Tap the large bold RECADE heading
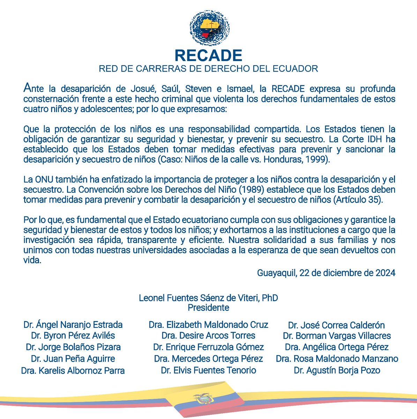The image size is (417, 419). [x=208, y=56]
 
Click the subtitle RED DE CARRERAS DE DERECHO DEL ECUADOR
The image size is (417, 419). [x=208, y=68]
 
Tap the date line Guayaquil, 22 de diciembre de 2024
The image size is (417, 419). [x=326, y=273]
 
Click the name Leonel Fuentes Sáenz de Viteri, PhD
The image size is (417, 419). [x=208, y=298]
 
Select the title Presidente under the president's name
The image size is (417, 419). [x=208, y=308]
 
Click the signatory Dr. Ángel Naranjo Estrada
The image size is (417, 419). [x=73, y=325]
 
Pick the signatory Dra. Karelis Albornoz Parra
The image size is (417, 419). [x=73, y=370]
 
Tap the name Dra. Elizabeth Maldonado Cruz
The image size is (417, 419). [x=208, y=325]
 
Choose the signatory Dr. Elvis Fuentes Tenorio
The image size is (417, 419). [x=208, y=370]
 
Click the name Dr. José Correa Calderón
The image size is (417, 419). [x=336, y=325]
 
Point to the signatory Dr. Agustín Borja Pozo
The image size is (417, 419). [x=337, y=370]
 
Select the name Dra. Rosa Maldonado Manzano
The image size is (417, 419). [x=337, y=359]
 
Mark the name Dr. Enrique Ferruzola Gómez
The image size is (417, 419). [x=208, y=347]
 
